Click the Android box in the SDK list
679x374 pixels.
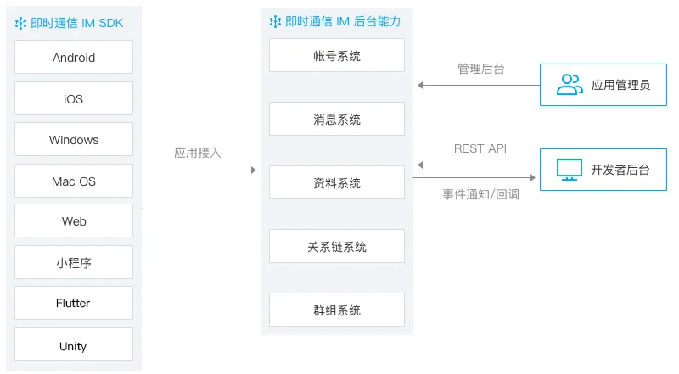[x=74, y=58]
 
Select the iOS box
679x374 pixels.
[x=74, y=99]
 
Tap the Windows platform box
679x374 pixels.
[x=74, y=140]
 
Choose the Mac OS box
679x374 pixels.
[x=74, y=181]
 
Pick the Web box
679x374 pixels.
[x=74, y=221]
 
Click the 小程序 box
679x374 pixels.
[x=74, y=263]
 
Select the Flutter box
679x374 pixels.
[x=74, y=303]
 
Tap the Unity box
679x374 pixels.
[x=74, y=346]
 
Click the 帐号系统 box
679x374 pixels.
[x=337, y=56]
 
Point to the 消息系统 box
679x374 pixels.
[x=337, y=120]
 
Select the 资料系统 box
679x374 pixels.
[x=337, y=183]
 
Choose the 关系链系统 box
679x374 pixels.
[x=337, y=247]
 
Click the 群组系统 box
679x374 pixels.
[x=337, y=310]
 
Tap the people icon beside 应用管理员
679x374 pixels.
[x=570, y=84]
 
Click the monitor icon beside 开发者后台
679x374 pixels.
[x=569, y=169]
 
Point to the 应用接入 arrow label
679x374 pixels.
[x=198, y=153]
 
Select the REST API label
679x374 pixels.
[x=480, y=148]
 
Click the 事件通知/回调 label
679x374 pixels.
[x=480, y=194]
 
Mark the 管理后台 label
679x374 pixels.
[x=481, y=69]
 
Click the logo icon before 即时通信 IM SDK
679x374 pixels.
[x=21, y=23]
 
